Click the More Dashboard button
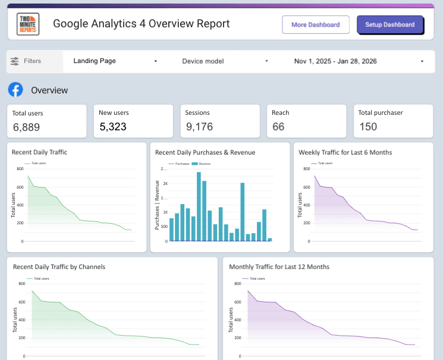(x=316, y=25)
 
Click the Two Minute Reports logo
(x=28, y=24)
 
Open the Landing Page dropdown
(x=115, y=61)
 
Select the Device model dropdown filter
(x=225, y=61)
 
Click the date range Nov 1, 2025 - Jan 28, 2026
(x=359, y=61)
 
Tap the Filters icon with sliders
(x=15, y=61)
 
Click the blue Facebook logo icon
(x=15, y=90)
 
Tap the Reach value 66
(x=278, y=127)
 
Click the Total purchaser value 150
(x=368, y=127)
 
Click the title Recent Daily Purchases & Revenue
(x=205, y=152)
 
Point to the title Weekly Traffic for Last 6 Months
(x=345, y=152)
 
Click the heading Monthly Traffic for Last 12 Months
(x=279, y=267)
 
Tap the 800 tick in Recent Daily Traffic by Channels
(x=21, y=284)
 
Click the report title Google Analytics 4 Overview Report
(x=141, y=24)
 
